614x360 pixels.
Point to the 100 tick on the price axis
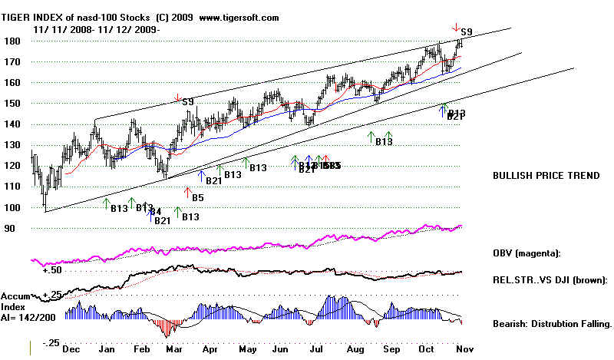(x=12, y=208)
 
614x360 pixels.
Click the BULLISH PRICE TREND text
(x=546, y=175)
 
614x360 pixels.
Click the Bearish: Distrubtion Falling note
(x=551, y=325)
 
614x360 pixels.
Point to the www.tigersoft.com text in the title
(x=238, y=18)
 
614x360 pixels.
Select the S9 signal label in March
(x=187, y=101)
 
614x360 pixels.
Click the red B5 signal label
(x=197, y=197)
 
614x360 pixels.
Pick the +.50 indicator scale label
(x=51, y=269)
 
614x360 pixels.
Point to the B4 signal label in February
(x=154, y=211)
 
